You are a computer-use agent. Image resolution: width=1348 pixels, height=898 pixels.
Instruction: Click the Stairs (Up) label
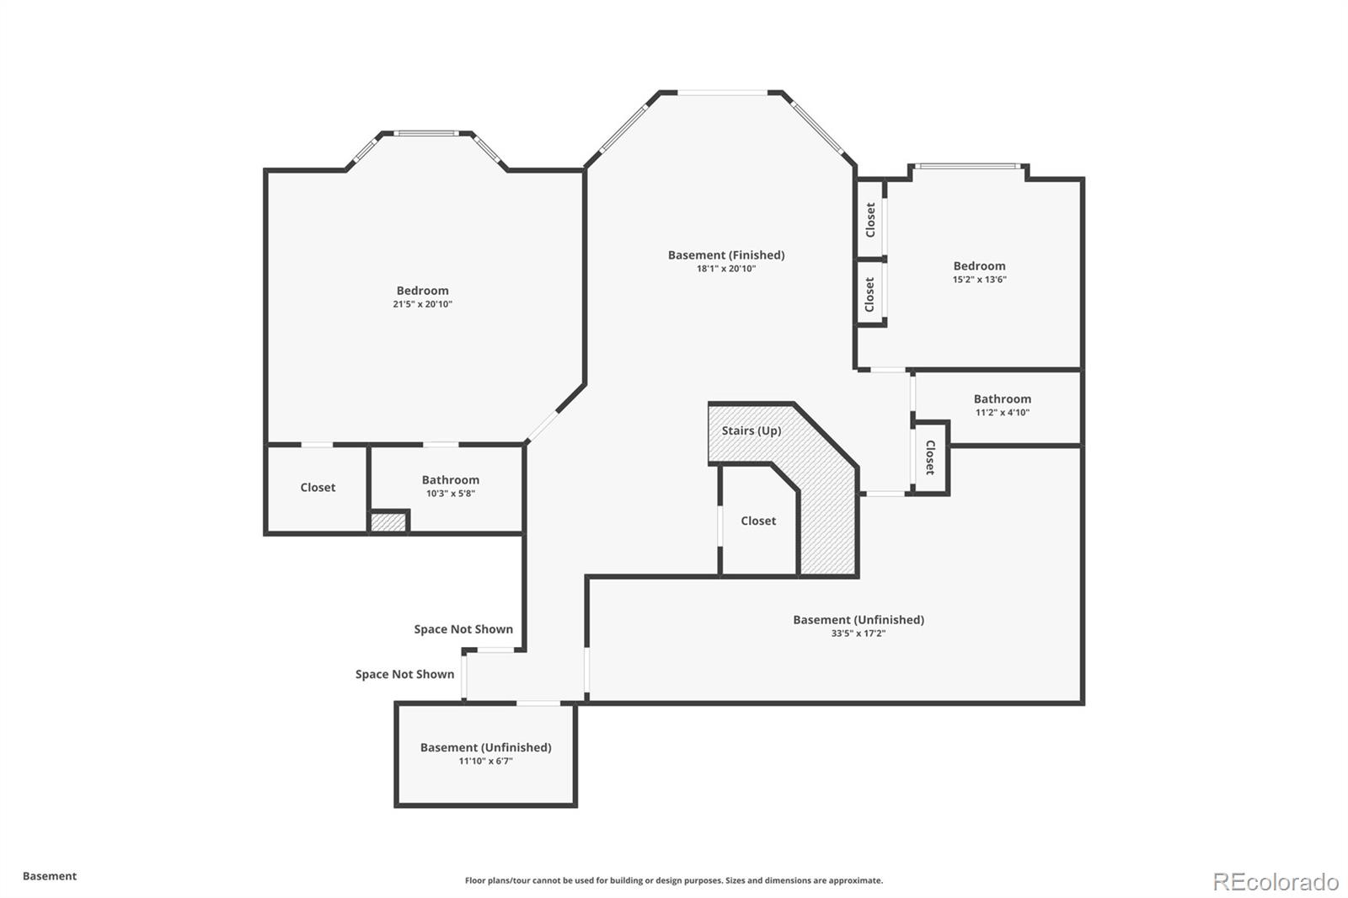coord(751,430)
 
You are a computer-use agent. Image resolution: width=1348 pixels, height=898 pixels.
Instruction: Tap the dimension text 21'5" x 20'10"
coord(422,304)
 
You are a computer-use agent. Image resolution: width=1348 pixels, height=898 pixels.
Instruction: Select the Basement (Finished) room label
coord(725,254)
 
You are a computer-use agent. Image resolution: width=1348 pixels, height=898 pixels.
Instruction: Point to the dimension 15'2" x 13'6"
coord(979,280)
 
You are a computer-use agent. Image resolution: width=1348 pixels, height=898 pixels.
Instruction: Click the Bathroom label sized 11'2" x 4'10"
coord(1002,398)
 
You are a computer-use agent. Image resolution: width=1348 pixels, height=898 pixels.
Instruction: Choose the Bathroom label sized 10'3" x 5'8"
coord(450,479)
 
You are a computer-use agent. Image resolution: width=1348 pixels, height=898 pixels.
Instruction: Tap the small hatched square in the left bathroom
coord(388,522)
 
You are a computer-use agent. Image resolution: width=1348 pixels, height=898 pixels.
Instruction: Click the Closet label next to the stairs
coord(758,521)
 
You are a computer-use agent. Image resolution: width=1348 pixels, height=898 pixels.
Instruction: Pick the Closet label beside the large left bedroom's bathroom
coord(318,487)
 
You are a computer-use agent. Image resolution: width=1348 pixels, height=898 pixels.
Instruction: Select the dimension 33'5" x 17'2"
coord(858,633)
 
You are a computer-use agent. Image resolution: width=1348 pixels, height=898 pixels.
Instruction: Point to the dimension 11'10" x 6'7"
coord(485,761)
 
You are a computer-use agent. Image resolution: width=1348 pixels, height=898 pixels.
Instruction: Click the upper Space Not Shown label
coord(463,629)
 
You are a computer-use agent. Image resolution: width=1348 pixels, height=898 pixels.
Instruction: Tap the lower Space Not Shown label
coord(404,674)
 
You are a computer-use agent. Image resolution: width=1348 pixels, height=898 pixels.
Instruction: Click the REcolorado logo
coord(1275,881)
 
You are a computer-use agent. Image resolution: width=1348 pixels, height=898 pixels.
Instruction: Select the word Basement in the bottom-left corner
coord(50,876)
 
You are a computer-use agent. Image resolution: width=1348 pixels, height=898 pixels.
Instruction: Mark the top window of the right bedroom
coord(968,166)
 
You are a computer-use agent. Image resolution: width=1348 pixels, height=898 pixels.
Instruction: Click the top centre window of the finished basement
coord(722,93)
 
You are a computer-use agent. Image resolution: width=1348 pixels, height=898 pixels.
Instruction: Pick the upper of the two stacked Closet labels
coord(870,220)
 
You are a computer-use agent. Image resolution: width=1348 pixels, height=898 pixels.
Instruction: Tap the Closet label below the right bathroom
coord(930,457)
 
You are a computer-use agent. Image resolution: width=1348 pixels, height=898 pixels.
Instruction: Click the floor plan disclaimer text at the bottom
coord(674,880)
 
